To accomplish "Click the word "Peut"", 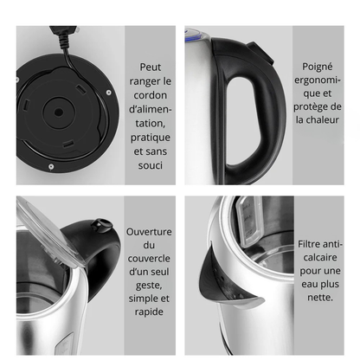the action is click(x=151, y=67).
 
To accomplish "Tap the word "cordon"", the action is click(x=151, y=95).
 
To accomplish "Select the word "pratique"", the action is click(x=151, y=138).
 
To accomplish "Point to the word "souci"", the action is click(x=151, y=165).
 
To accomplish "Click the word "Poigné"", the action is click(x=318, y=67).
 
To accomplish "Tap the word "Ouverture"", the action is click(x=149, y=232).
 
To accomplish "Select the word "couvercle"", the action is click(x=149, y=259).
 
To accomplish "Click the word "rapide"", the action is click(x=149, y=312).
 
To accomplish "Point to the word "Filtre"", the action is click(x=308, y=244).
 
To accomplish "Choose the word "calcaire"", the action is click(x=320, y=257).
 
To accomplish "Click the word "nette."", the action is click(x=320, y=298).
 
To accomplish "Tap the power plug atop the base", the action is click(x=64, y=31).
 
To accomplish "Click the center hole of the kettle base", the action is click(x=59, y=112).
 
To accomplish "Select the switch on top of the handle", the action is click(x=260, y=52).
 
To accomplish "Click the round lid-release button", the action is click(x=101, y=225).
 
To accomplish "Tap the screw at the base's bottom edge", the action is click(x=51, y=166).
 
